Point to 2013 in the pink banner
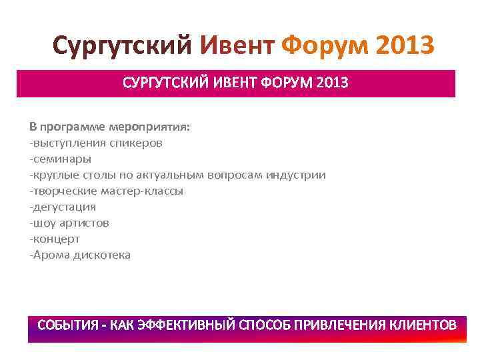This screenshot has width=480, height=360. (x=333, y=85)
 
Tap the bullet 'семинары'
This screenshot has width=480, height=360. (x=61, y=159)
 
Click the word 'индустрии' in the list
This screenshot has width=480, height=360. (x=297, y=175)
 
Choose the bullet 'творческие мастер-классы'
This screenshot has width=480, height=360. (x=106, y=191)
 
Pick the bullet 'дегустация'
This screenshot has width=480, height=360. (x=63, y=207)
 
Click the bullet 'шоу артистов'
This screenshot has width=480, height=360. (x=69, y=223)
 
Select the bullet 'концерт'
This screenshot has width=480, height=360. (x=55, y=239)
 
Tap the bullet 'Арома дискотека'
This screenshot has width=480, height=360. (x=80, y=255)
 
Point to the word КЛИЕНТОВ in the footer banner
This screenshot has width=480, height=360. (x=420, y=325)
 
